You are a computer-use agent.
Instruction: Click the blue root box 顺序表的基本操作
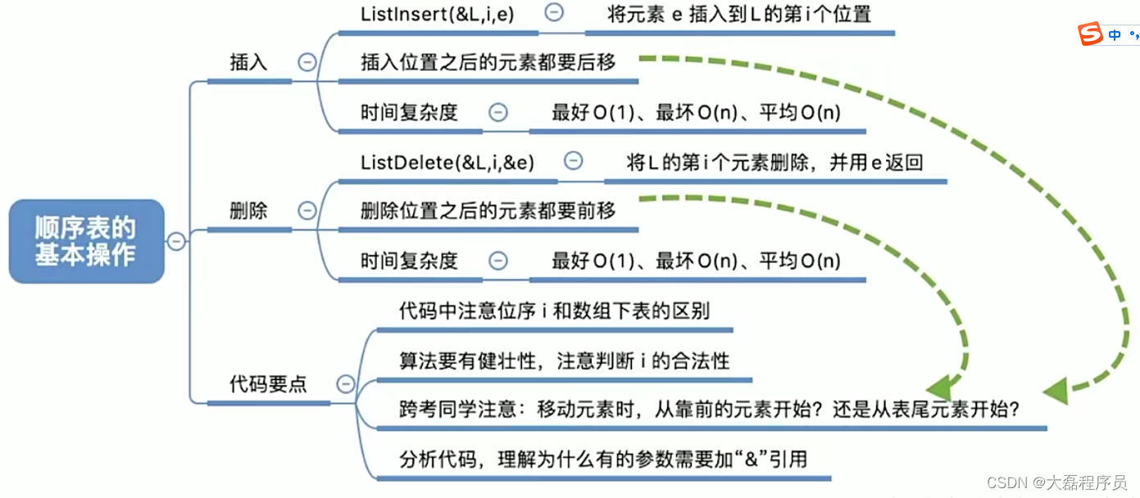tap(86, 241)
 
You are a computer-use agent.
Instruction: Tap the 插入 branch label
tap(248, 62)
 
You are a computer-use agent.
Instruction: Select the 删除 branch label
tap(248, 211)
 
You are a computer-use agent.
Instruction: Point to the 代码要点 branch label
tap(268, 383)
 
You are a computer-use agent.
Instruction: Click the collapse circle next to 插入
tap(307, 62)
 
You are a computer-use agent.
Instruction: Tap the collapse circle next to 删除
tap(307, 211)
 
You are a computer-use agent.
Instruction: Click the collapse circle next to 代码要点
tap(346, 383)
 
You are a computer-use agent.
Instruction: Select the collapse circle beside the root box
tap(176, 241)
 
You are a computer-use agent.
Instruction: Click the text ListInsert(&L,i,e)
tap(438, 14)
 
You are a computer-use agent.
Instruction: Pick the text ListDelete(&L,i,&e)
tap(447, 162)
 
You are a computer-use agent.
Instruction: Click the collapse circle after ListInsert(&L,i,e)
tap(555, 13)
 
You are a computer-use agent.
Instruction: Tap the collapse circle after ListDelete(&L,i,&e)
tap(574, 161)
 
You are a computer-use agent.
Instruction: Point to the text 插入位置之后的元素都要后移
tap(488, 62)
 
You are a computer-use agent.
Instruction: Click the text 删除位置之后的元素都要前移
tap(488, 211)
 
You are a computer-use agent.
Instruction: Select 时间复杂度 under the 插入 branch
tap(409, 112)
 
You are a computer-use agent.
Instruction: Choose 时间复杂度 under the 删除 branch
tap(409, 261)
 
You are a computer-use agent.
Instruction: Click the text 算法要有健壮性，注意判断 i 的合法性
tap(564, 360)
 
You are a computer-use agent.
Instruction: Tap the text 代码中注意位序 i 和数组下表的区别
tap(554, 311)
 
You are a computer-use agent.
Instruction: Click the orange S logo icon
tap(1090, 34)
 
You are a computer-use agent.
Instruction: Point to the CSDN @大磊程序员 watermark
tap(1057, 482)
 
